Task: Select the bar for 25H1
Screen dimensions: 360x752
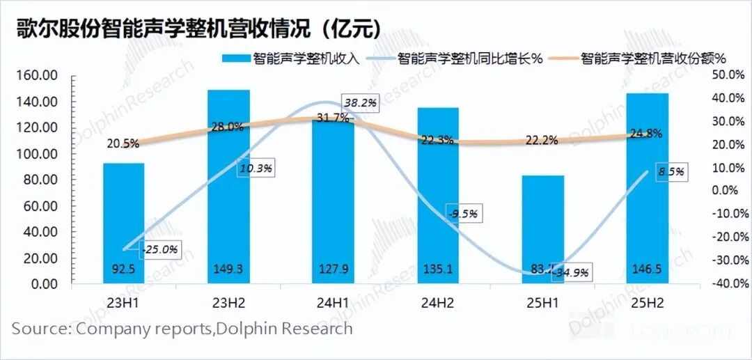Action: [542, 230]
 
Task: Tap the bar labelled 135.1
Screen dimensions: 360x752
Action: [439, 196]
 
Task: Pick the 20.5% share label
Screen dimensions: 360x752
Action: [123, 143]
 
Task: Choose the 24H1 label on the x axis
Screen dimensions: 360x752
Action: [334, 304]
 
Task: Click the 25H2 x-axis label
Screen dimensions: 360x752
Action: [648, 304]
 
